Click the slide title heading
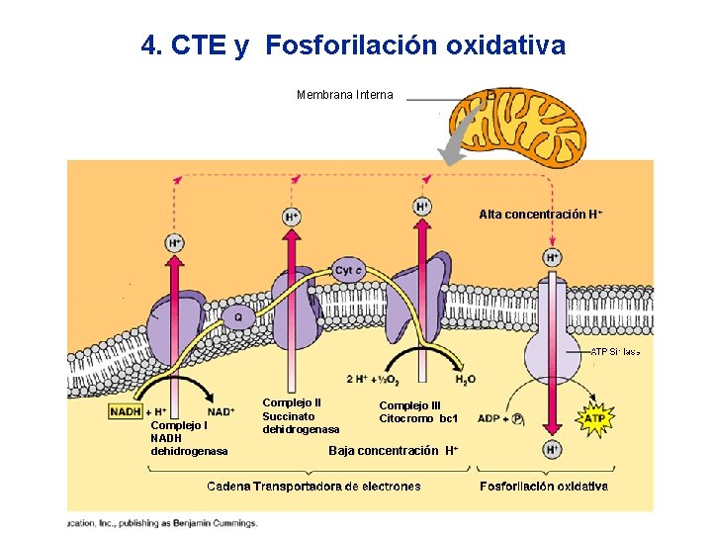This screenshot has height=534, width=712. [353, 45]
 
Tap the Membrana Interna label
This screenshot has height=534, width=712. [344, 96]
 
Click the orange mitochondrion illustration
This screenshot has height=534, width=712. [517, 129]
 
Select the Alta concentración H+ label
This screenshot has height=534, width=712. [541, 214]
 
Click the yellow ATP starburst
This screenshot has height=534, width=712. [594, 419]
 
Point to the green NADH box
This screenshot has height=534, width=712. [125, 411]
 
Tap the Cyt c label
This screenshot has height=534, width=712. [349, 270]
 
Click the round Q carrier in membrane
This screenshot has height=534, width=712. [237, 317]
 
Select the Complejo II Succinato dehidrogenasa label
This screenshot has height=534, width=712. [301, 416]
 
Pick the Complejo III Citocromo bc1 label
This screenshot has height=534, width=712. [418, 412]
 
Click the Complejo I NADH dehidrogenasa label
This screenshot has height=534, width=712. [189, 438]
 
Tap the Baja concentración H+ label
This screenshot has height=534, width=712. [393, 451]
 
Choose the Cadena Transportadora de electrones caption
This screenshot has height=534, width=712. [313, 486]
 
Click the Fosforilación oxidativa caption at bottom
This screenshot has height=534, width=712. [543, 486]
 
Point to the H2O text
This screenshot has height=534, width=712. [465, 379]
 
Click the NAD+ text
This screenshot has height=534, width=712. [221, 411]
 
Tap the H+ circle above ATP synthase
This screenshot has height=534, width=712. [552, 257]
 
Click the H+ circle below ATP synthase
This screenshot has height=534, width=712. [552, 449]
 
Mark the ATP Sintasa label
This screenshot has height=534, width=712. [615, 351]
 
